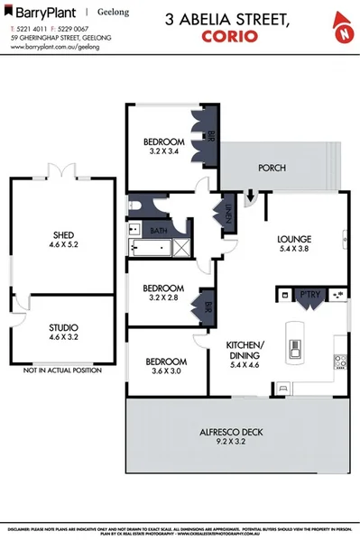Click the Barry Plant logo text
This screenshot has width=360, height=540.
coord(42,13)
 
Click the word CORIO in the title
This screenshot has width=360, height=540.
coord(230,37)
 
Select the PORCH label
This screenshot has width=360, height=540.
coord(272,168)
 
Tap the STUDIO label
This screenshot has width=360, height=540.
coord(62,327)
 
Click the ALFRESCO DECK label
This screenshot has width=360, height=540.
coord(230,433)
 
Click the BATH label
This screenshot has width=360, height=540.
coord(159,231)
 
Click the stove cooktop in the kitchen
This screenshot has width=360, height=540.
coord(341,362)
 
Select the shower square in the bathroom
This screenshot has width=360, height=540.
coord(181,246)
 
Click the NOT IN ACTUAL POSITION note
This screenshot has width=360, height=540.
coord(62,371)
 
